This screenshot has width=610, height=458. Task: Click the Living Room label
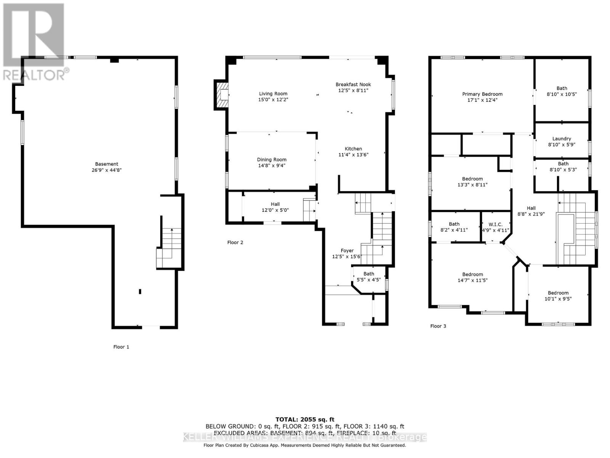point(273,94)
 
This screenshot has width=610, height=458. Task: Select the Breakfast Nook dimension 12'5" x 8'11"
point(353,91)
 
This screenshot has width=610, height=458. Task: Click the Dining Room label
point(271,160)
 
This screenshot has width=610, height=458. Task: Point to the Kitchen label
point(353,149)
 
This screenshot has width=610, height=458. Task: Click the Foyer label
point(347,251)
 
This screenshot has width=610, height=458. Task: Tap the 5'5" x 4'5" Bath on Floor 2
point(368,277)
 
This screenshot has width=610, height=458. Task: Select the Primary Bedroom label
point(482,94)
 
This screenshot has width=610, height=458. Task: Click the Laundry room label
point(562,139)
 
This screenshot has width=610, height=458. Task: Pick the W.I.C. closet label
point(495,224)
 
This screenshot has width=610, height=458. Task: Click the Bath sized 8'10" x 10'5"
point(562,91)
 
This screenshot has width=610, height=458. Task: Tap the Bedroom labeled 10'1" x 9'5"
point(558,296)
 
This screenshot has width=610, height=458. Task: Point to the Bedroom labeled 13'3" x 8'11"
point(472,182)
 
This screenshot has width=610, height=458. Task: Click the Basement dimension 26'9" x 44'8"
point(106,170)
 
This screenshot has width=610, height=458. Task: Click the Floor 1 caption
point(121,347)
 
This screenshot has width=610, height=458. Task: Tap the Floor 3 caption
point(438,326)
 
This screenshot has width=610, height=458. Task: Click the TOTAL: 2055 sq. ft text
point(305,419)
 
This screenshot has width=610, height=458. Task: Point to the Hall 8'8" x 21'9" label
point(531,211)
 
